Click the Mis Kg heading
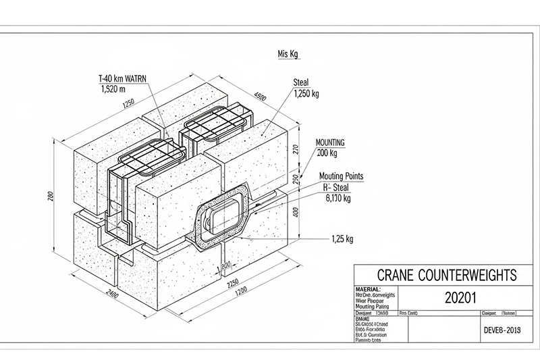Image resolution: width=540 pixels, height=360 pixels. [x=288, y=54]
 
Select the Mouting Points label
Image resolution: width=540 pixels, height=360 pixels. [x=341, y=176]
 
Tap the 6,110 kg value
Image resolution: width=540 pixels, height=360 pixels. [x=337, y=199]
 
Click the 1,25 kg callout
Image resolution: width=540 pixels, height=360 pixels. [x=344, y=238]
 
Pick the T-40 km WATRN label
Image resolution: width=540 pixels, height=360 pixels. [x=122, y=78]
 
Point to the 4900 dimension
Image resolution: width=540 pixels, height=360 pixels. [x=259, y=97]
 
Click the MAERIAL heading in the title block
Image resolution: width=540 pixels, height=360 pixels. [x=368, y=288]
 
